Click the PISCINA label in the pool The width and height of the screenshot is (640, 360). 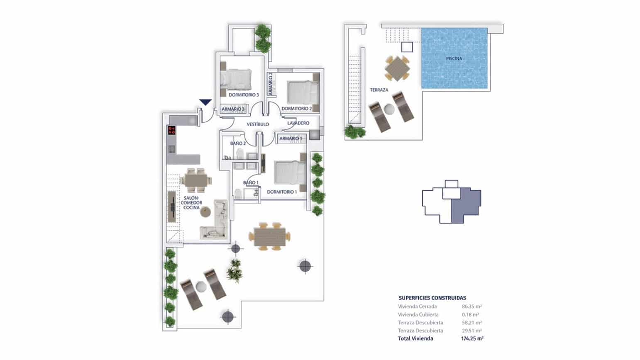454,58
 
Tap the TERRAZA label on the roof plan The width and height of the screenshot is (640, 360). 379,90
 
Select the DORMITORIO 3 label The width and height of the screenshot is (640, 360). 244,95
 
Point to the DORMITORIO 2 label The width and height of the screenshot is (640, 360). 296,109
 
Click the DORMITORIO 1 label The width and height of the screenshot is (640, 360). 282,192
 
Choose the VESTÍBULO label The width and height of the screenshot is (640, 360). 258,124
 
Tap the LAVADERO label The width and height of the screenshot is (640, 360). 298,123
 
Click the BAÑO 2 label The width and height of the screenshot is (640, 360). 238,144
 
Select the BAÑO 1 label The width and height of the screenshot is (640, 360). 251,182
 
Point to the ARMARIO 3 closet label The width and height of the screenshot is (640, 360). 232,109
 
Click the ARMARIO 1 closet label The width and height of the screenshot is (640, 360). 291,139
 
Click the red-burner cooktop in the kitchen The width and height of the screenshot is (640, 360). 172,130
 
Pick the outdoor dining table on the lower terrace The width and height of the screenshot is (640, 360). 269,236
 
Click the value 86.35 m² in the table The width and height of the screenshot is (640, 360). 471,306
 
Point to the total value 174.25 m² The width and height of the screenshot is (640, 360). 472,338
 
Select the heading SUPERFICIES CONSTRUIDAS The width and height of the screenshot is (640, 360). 432,298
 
